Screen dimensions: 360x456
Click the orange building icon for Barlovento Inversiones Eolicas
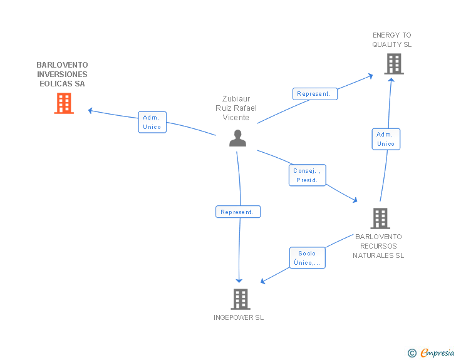coord(63,103)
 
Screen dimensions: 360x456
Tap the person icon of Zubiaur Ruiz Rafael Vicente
coord(237,138)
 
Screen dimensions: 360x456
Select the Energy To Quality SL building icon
coord(393,64)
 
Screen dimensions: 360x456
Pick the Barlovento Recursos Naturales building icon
coord(380,219)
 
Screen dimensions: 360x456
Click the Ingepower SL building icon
coord(240,299)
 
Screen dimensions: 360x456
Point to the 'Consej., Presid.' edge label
coord(308,175)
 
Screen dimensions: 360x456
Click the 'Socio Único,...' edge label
coord(307,258)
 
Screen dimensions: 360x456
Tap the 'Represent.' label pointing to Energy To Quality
coord(314,94)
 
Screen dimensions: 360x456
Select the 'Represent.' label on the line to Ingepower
coord(237,212)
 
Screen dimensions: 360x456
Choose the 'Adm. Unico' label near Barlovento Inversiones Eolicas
coord(152,122)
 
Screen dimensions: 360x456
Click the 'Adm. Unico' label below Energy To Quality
coord(385,139)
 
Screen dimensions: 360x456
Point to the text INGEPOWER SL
coord(239,317)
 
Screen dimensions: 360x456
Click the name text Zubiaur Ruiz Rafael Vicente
coord(236,108)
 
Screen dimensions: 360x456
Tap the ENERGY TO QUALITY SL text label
coord(392,40)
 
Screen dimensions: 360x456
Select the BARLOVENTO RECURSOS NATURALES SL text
coord(378,246)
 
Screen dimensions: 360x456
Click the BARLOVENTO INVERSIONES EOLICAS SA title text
coord(62,74)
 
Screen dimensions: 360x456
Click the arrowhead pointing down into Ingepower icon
coord(239,280)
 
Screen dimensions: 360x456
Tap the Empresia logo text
coord(437,352)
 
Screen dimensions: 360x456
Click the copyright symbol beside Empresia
coord(412,353)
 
